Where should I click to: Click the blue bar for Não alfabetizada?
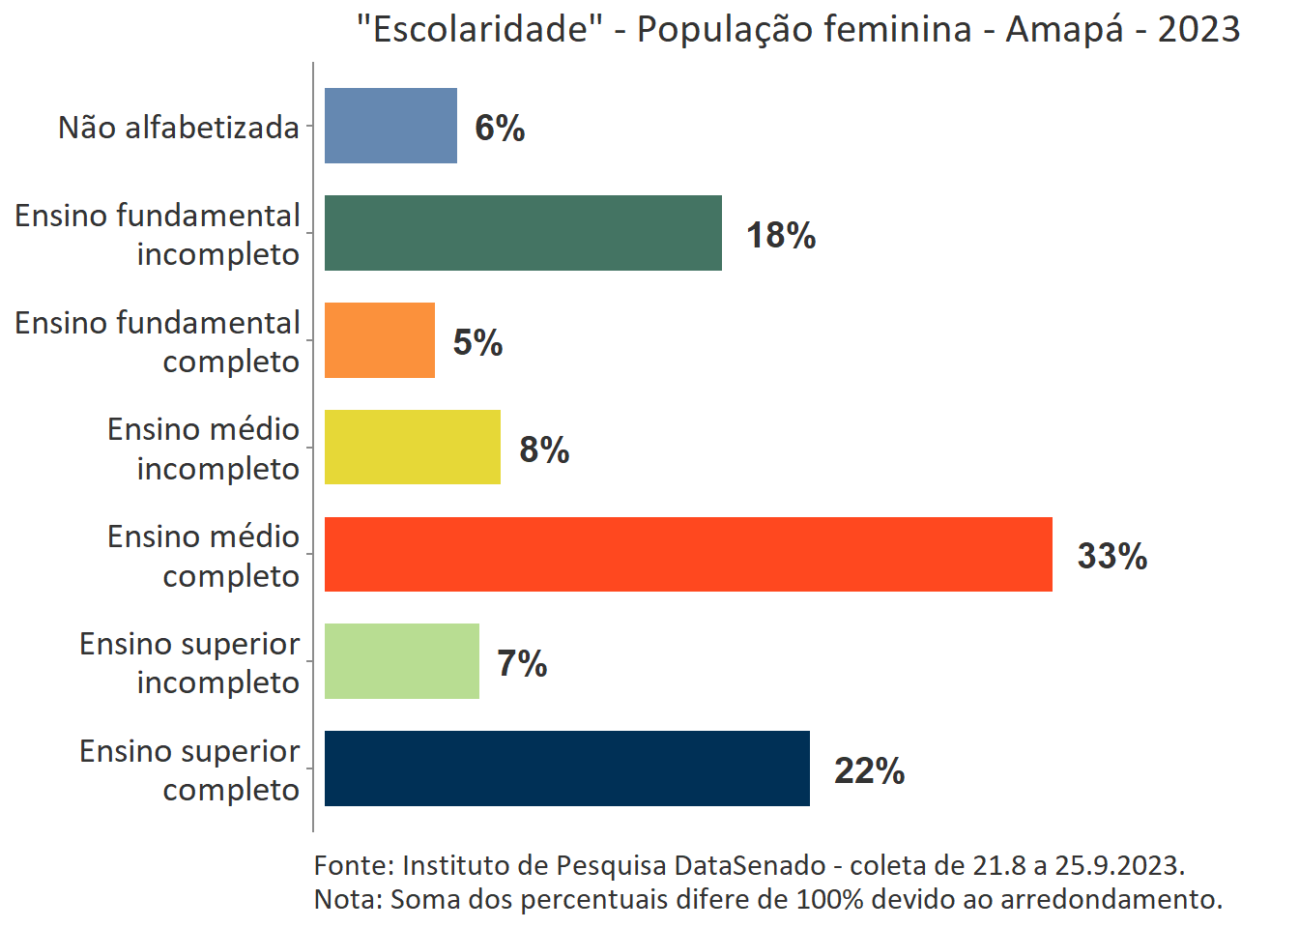click(390, 126)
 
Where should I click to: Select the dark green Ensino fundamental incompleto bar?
click(523, 233)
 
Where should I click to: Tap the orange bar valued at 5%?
click(379, 340)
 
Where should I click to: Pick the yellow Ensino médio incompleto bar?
click(412, 447)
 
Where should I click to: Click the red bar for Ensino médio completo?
click(688, 554)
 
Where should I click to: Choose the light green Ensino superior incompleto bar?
click(401, 661)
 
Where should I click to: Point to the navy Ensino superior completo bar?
click(566, 768)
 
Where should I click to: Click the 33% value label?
click(1111, 556)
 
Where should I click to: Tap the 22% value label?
click(869, 770)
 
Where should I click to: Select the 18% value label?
click(781, 235)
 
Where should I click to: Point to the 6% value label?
click(500, 128)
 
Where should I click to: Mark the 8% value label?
click(544, 449)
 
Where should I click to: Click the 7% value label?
click(522, 663)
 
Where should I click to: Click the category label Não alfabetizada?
click(179, 127)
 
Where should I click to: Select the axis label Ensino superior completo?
click(189, 769)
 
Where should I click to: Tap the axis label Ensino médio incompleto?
click(203, 449)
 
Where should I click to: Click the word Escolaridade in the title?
click(479, 29)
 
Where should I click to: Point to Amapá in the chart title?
click(1064, 29)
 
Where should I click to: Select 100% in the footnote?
click(829, 899)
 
